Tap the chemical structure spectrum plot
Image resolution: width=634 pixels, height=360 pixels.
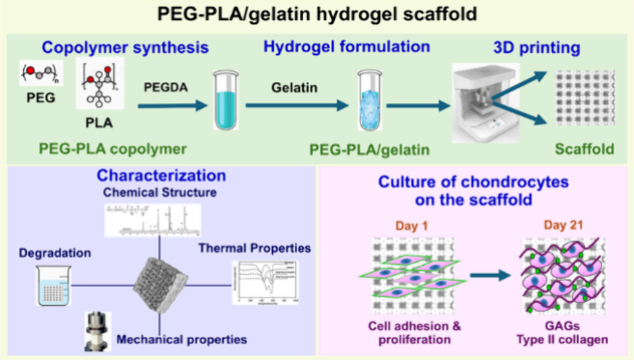(x=152, y=219)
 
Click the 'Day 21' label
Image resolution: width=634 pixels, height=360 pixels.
(x=561, y=227)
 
